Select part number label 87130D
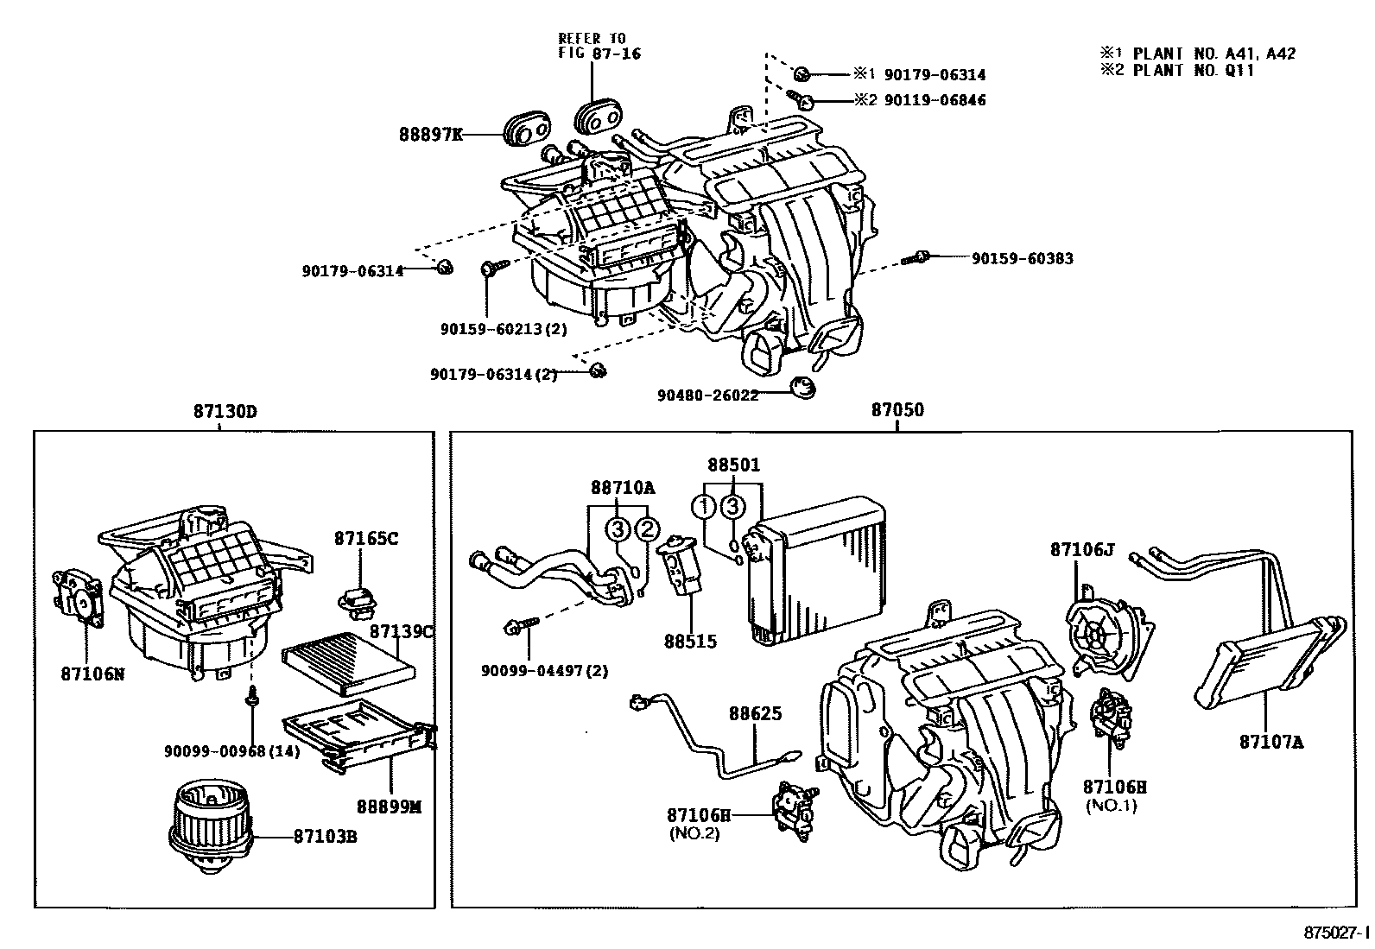point(225,411)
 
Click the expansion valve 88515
point(680,571)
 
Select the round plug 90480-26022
point(804,388)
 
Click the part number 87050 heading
point(897,411)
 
